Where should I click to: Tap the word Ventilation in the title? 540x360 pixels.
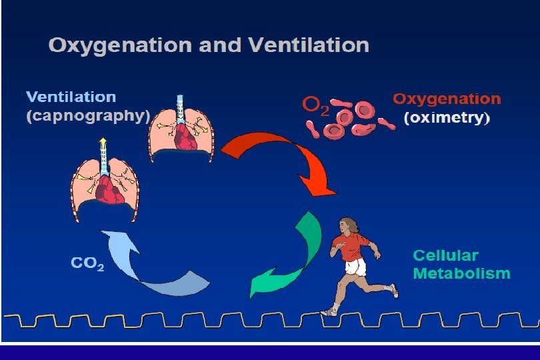tap(309, 46)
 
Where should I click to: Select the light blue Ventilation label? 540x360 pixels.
tap(71, 97)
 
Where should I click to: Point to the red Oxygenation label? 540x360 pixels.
tap(446, 99)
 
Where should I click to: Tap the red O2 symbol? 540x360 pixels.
tap(316, 105)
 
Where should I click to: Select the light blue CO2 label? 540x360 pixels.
tap(87, 263)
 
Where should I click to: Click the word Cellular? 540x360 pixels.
tap(445, 255)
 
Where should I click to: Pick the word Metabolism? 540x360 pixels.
tap(461, 273)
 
